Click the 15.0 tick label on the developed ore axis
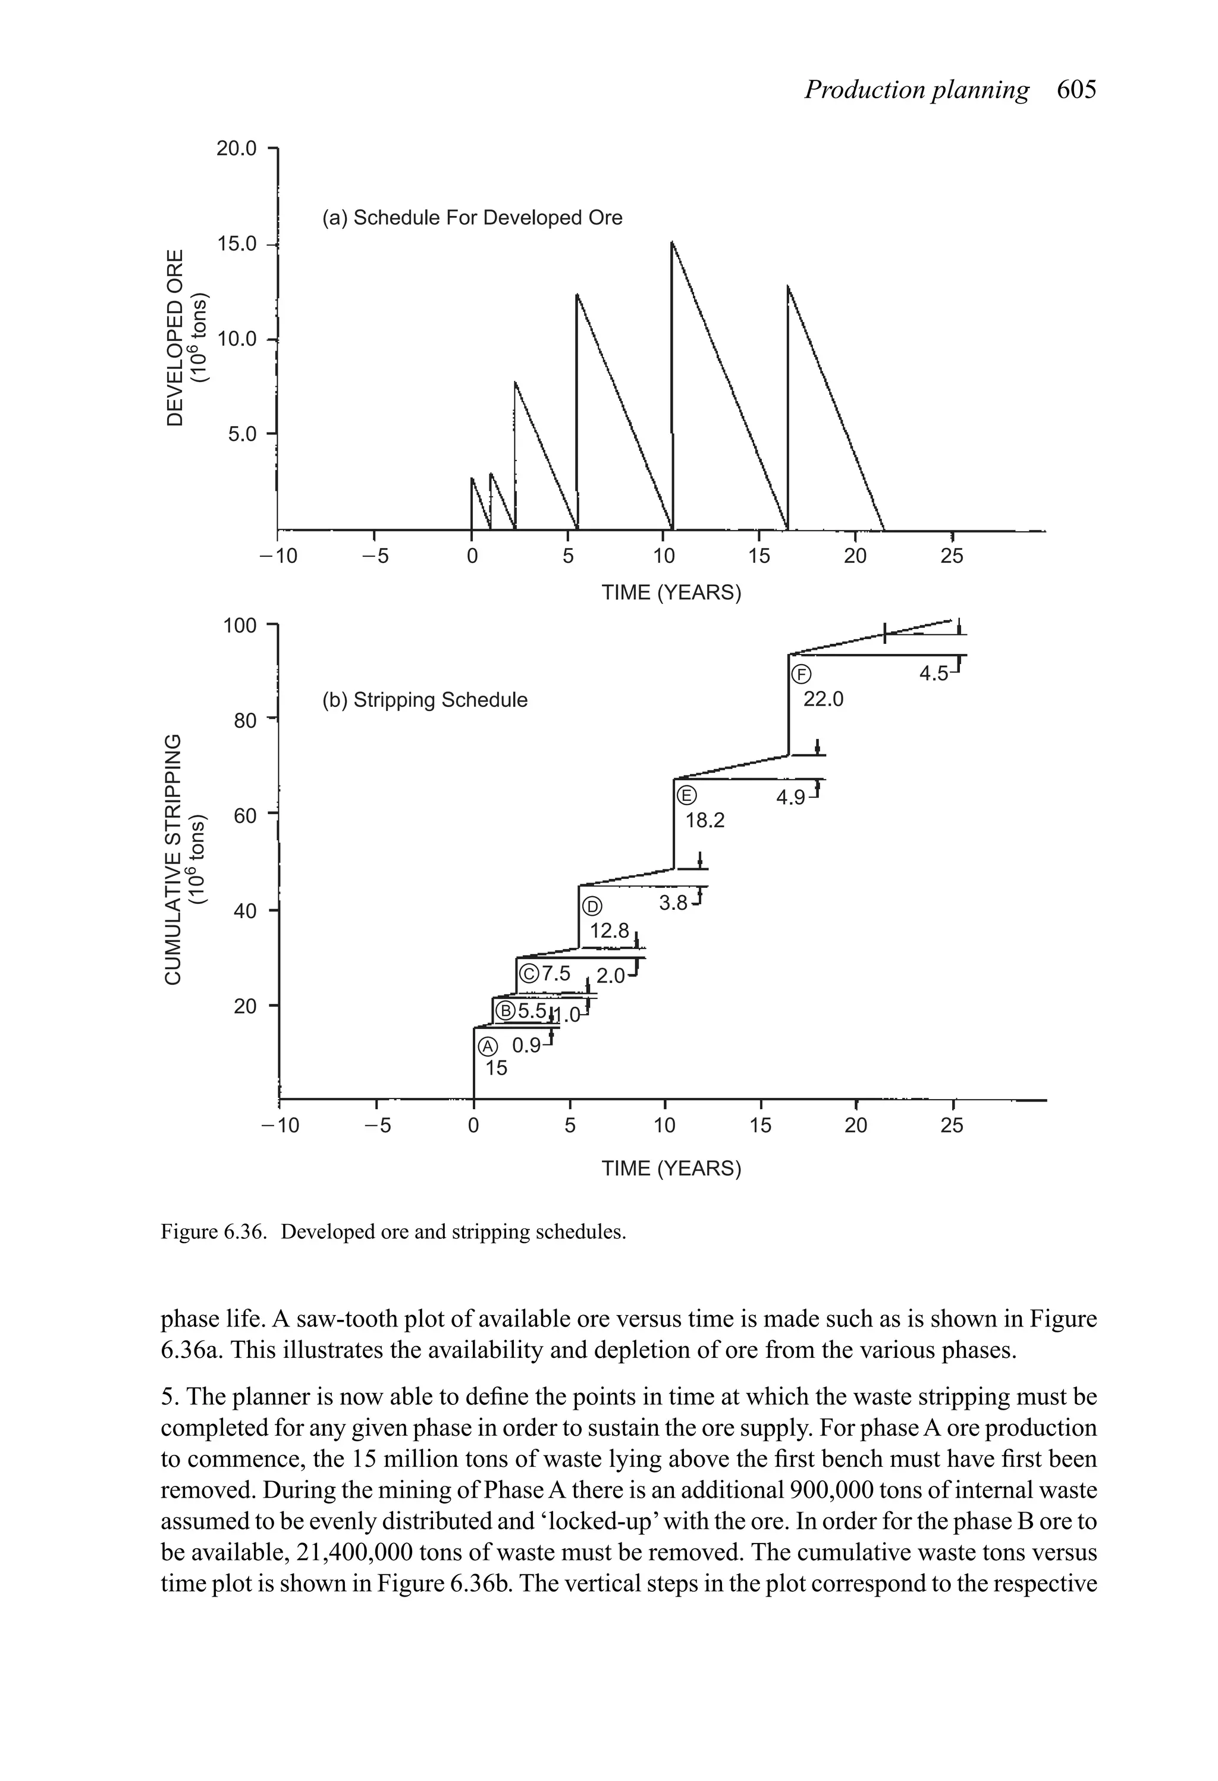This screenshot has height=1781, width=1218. [237, 245]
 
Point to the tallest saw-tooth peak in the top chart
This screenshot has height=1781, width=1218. [672, 243]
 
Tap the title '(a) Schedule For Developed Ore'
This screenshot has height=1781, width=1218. [472, 218]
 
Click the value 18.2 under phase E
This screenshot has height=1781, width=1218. [704, 821]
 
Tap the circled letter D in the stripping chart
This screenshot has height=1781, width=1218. [591, 907]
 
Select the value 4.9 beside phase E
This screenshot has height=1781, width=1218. [790, 798]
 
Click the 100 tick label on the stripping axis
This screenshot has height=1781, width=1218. [239, 626]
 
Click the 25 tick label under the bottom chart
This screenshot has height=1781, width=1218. [952, 1126]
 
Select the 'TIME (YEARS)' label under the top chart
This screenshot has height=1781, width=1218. [671, 593]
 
